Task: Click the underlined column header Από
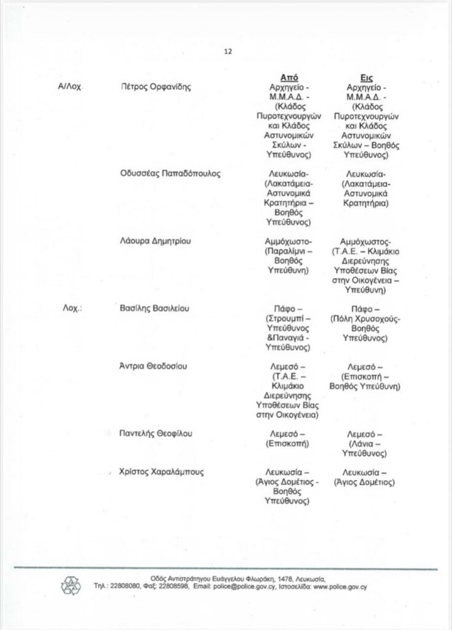(288, 78)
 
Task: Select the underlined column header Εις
(367, 78)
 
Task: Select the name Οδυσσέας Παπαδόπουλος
(170, 173)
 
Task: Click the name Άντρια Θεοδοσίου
(154, 367)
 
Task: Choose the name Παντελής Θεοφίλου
(156, 434)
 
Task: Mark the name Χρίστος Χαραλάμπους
(162, 472)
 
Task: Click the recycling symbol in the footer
(71, 584)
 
